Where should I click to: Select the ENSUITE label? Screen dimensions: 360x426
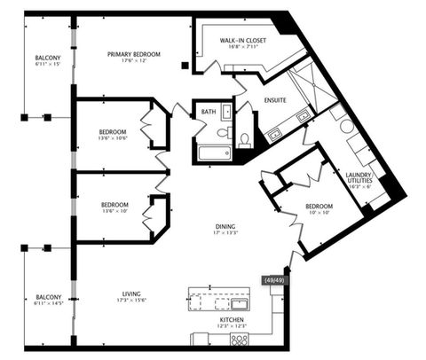click(274, 100)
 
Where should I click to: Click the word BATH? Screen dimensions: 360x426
click(209, 112)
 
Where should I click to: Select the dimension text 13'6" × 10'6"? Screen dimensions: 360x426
click(114, 139)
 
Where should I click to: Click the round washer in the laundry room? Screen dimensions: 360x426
click(346, 126)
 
